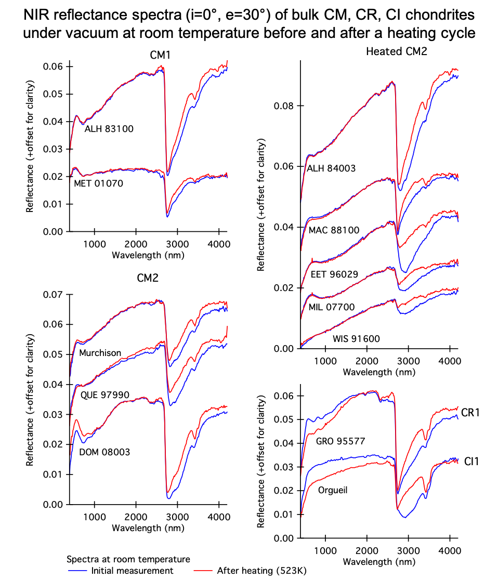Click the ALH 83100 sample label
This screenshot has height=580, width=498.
[x=109, y=129]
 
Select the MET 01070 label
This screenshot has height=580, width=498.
[x=98, y=183]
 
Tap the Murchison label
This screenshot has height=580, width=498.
[x=100, y=353]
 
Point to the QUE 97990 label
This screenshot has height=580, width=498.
[x=105, y=395]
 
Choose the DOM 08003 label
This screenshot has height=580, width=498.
[x=104, y=452]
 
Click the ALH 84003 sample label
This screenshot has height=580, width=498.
[x=332, y=168]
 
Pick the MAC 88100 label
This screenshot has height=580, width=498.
[x=334, y=230]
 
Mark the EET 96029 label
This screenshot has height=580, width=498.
[x=334, y=274]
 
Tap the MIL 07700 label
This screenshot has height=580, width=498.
[x=332, y=307]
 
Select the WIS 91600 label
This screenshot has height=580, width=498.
[x=357, y=339]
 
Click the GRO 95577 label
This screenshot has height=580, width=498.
[x=341, y=441]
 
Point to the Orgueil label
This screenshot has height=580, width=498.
[x=333, y=490]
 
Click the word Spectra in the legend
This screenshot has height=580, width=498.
[x=81, y=559]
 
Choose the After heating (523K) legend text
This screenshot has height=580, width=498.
[x=262, y=571]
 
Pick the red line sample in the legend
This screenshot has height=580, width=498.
[x=203, y=571]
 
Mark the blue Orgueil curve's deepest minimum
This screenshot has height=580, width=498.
[x=404, y=518]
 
